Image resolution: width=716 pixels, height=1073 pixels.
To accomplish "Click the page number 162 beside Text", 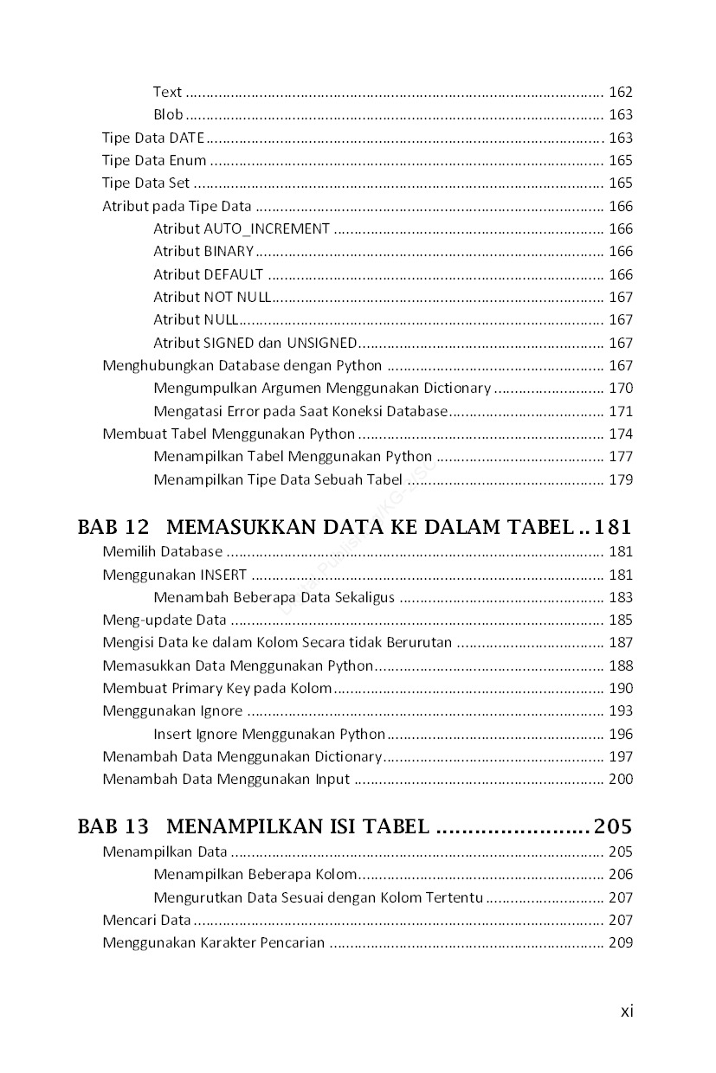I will (x=621, y=92).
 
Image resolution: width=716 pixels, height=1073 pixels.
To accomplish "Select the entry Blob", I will (x=168, y=114).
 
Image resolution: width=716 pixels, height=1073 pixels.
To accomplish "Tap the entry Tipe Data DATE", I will (x=153, y=138).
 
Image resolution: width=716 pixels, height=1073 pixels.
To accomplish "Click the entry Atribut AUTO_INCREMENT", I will (x=242, y=228).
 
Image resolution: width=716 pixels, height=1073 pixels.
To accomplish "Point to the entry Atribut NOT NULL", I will (x=212, y=297).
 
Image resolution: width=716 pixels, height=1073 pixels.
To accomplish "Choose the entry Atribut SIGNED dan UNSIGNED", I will (x=255, y=343).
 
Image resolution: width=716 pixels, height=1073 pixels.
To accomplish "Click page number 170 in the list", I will (x=621, y=388).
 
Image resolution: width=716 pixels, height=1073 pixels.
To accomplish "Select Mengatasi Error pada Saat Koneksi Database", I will (x=300, y=411).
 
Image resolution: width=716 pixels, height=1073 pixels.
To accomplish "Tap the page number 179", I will (x=621, y=479).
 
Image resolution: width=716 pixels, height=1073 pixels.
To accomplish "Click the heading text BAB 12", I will (x=113, y=526).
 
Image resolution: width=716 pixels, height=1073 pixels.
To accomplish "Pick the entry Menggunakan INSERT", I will (x=174, y=575).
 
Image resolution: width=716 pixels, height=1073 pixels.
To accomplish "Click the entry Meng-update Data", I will (x=164, y=620).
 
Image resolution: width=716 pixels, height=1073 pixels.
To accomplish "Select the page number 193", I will (x=621, y=710).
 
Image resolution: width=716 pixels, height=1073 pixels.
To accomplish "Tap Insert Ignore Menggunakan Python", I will (x=269, y=734).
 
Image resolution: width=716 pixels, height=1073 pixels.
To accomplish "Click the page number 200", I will (x=621, y=779).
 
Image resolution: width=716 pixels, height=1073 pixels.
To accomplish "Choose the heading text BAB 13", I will (x=113, y=826).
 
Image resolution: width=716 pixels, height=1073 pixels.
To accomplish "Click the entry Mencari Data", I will (x=146, y=920).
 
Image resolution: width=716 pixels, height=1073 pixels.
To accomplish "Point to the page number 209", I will (x=621, y=942).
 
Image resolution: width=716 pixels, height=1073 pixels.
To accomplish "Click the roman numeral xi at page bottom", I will (x=627, y=1011).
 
